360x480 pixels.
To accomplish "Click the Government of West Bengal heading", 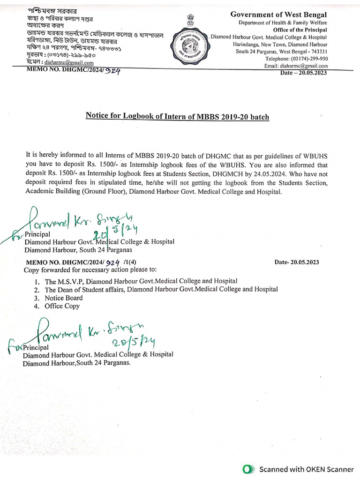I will click(x=278, y=15).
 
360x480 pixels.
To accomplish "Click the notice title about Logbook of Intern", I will click(x=177, y=116).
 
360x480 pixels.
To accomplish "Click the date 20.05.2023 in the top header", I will click(x=304, y=73).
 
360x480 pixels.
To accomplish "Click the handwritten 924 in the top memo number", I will click(x=113, y=72).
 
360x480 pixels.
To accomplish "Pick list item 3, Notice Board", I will click(x=63, y=298).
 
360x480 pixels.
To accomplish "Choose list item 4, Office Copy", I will click(x=62, y=306).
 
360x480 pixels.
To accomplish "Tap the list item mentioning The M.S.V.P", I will click(x=141, y=281).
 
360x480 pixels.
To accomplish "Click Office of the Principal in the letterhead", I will click(x=300, y=30).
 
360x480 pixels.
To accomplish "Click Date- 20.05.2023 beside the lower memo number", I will click(x=296, y=262).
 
